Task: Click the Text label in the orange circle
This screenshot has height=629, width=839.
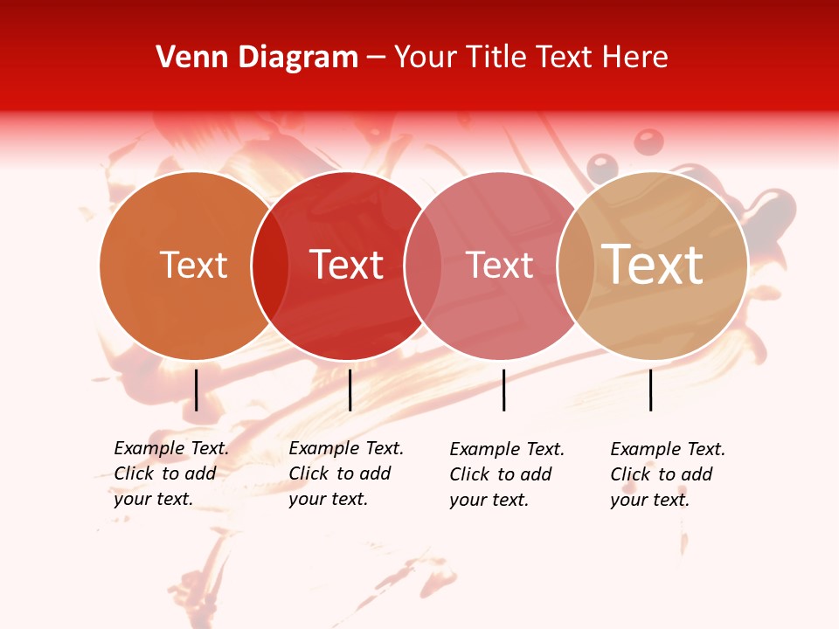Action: (193, 265)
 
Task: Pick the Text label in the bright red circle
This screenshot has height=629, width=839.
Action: (346, 265)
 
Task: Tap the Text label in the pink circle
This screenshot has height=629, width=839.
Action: (499, 265)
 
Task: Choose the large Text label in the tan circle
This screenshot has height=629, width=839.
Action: (652, 264)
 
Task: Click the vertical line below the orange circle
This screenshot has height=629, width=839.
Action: (196, 390)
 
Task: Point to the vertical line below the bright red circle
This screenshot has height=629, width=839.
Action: (350, 390)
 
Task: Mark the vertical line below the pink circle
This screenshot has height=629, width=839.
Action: (503, 390)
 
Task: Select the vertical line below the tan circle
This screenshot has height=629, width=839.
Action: (650, 390)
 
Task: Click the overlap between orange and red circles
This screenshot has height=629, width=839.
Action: (270, 265)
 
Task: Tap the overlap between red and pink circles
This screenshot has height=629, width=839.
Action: (423, 265)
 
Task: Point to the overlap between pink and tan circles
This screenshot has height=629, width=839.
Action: (575, 265)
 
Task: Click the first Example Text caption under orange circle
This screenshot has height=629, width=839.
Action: (171, 473)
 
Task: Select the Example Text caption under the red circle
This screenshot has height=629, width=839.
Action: (346, 473)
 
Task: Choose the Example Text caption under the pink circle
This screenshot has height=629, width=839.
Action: (507, 474)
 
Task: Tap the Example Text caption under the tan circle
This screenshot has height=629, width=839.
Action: (668, 474)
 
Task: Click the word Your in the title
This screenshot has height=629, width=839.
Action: (424, 58)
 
